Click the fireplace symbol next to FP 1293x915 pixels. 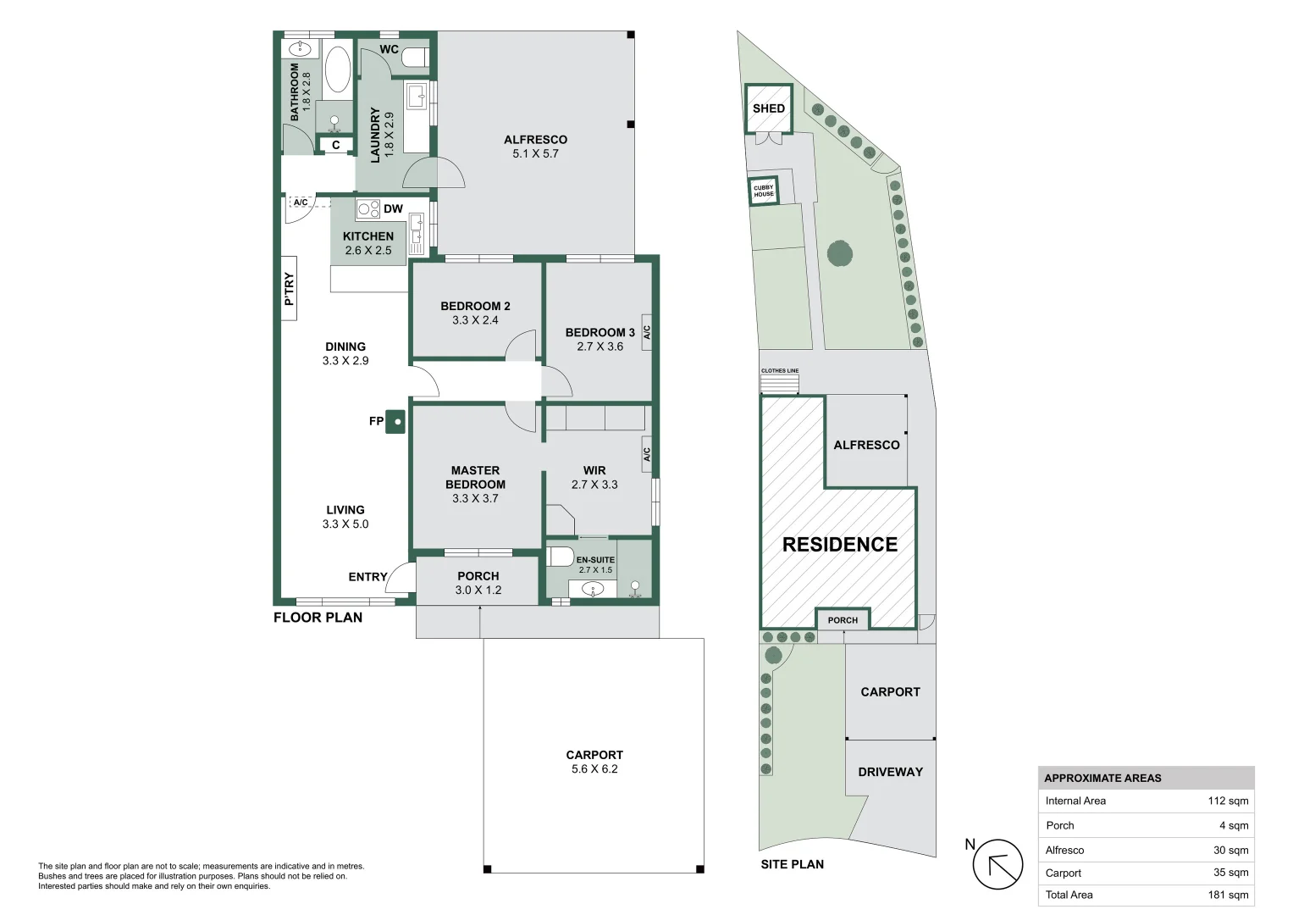(395, 421)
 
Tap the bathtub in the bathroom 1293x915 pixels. (337, 69)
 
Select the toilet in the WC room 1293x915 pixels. (415, 58)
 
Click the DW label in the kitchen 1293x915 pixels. (393, 208)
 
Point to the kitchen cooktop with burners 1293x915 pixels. (367, 208)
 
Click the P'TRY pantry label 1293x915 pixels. (289, 289)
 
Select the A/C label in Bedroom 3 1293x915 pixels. (646, 332)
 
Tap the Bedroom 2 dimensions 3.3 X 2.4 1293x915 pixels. (475, 320)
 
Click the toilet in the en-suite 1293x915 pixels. (561, 557)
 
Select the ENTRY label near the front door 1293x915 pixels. (367, 577)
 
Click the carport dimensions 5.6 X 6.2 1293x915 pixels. (594, 769)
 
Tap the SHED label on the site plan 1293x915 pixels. (768, 108)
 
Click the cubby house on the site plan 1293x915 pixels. (764, 191)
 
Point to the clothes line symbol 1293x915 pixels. (779, 384)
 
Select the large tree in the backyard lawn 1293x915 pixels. (839, 253)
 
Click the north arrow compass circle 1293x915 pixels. (997, 865)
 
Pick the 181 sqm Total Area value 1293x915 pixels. (1228, 895)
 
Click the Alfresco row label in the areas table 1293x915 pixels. (1064, 850)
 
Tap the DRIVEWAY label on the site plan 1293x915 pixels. (890, 772)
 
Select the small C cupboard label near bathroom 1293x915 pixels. (335, 146)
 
